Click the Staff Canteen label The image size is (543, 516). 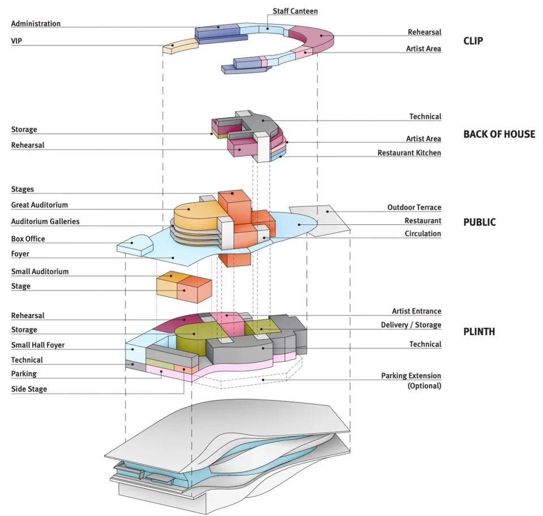click(x=295, y=11)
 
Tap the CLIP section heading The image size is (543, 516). click(x=473, y=41)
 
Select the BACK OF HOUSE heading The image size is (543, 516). click(x=499, y=135)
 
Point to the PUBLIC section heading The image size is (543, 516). click(x=479, y=222)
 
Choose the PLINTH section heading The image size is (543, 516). click(x=479, y=332)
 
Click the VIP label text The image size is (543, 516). click(x=16, y=41)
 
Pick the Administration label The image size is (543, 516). click(x=36, y=24)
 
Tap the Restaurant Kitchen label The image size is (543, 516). click(x=409, y=153)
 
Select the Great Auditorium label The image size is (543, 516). click(x=40, y=205)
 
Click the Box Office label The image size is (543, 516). click(x=28, y=239)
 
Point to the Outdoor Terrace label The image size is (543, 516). click(x=414, y=208)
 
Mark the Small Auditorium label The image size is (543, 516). click(x=40, y=272)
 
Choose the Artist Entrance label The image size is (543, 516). click(x=416, y=311)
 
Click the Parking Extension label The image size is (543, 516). click(x=411, y=376)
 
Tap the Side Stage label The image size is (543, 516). click(x=29, y=389)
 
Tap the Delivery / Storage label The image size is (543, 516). click(x=411, y=325)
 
